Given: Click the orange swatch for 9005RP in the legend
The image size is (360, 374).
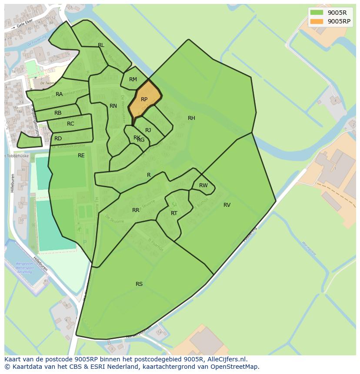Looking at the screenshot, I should point(317,21).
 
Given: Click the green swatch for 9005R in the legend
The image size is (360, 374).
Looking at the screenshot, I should point(317,13).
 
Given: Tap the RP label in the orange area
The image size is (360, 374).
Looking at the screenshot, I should point(144,99).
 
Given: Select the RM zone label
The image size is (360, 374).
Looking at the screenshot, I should point(133,79).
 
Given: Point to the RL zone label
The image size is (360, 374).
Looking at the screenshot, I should point(101,45).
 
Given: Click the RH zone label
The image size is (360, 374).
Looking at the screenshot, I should point(191,118).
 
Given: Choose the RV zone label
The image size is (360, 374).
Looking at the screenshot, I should point(227,205).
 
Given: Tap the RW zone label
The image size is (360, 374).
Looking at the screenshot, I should point(203,185).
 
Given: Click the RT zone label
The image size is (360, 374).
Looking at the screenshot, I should point(174,213).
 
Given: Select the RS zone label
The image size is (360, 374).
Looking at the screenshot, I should point(139,284).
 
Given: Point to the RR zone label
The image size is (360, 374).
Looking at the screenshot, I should point(136,210).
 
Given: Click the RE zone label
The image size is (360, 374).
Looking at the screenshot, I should point(81,156).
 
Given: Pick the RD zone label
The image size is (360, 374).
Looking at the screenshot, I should point(58,139).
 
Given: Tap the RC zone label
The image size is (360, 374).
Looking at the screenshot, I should point(70,124).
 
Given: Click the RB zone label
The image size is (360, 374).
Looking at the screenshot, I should point(58,113).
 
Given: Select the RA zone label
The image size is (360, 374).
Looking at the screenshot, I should point(59,94).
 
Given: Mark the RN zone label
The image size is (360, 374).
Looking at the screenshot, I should point(113,106).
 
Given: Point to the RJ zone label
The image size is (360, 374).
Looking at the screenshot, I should point(148,130).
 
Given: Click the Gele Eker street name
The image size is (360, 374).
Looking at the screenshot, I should point(26,26).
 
